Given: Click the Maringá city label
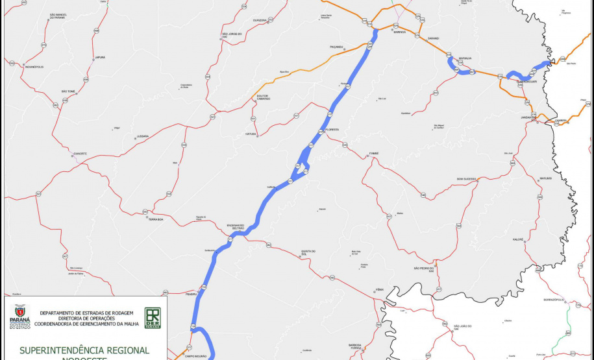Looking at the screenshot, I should (399, 32).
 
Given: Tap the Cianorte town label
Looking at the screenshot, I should (80, 154).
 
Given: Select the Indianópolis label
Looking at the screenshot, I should (34, 67).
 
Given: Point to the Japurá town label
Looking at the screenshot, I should (100, 58).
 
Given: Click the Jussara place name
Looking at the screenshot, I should (142, 137).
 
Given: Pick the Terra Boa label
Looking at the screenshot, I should (155, 219).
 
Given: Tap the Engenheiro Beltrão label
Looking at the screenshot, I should (235, 227).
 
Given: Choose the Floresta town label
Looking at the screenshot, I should (333, 130).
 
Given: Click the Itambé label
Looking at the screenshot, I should (373, 153).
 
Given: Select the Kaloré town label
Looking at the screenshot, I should (518, 239).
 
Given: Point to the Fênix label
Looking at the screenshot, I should (380, 289).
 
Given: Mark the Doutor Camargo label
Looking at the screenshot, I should (263, 97).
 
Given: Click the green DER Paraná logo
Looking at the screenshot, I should (153, 317).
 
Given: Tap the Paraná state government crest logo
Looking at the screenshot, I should (19, 317).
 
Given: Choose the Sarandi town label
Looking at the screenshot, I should (433, 38).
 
